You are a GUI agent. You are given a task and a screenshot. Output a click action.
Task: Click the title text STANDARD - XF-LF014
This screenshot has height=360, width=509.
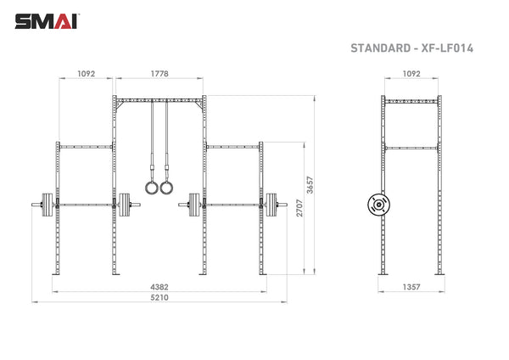click(411, 48)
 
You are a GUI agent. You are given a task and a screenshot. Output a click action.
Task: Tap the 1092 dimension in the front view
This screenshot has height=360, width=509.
click(87, 74)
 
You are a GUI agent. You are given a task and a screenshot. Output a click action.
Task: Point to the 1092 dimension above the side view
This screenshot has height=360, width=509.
click(411, 74)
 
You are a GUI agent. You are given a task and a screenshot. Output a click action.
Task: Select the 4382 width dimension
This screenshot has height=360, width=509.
click(157, 287)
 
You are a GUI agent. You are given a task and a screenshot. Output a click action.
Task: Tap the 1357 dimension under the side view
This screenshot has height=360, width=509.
click(411, 287)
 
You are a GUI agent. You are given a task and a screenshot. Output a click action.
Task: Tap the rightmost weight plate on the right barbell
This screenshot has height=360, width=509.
click(273, 204)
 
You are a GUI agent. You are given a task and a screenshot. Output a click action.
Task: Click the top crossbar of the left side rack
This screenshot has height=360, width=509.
click(85, 145)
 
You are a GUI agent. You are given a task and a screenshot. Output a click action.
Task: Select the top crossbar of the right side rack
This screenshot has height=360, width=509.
click(232, 145)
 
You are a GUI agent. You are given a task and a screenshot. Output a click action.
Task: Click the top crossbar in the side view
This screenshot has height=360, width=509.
click(411, 100)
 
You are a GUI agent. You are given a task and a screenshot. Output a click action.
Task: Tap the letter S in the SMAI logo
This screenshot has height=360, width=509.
click(20, 20)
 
